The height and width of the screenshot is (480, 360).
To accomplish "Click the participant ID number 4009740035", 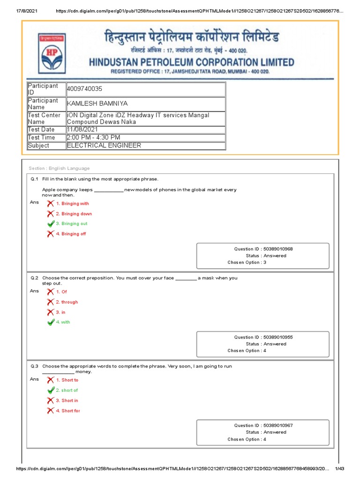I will tap(84, 89).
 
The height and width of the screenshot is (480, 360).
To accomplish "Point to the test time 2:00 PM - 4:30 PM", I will tap(94, 137).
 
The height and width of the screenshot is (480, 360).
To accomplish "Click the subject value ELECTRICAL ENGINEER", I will tap(104, 145).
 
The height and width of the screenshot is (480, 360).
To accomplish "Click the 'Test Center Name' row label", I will tap(44, 118).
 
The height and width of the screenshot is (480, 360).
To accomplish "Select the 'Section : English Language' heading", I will tap(59, 168).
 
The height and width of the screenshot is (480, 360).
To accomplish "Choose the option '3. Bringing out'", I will tap(71, 224).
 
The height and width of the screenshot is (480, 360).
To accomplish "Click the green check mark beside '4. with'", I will tap(51, 322).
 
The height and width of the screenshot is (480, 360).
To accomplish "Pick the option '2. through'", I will tap(67, 302).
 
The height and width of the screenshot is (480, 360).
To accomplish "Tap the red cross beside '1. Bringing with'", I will tap(51, 203).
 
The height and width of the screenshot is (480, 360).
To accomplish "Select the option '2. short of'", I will tap(67, 390).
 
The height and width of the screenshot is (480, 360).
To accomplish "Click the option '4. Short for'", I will tap(67, 411).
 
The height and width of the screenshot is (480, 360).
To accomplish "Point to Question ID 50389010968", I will tap(263, 249).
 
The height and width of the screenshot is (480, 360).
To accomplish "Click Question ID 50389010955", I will tap(263, 337).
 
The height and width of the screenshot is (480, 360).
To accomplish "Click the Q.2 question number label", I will tap(34, 278).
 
